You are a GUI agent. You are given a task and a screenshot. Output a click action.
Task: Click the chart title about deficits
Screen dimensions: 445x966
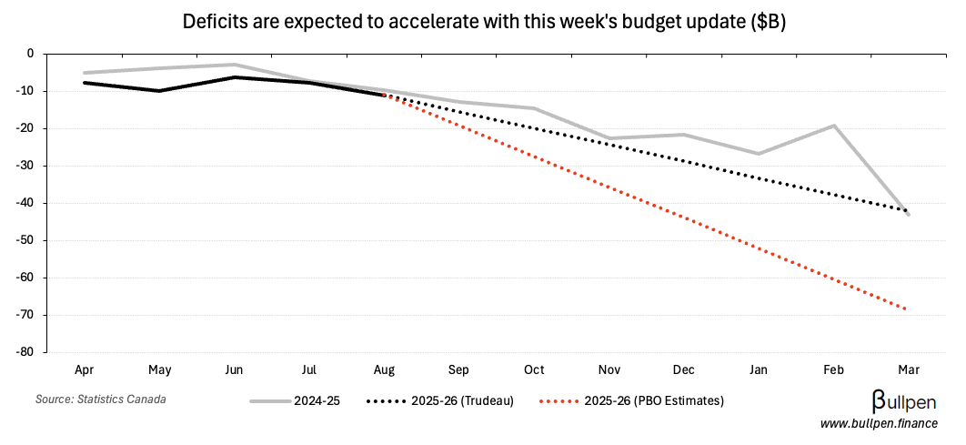[483, 22]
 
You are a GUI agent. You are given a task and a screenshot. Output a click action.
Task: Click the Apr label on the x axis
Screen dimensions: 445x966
[84, 370]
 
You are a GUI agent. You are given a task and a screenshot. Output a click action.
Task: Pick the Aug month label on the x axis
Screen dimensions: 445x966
[384, 370]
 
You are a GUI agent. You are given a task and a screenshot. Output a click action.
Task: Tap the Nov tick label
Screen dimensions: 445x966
[609, 370]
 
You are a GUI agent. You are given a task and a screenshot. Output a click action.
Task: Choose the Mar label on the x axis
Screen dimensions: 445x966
[909, 370]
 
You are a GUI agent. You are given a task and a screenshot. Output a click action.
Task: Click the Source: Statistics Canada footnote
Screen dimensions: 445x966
[101, 399]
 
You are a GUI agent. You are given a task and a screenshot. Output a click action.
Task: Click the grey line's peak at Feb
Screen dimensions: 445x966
[834, 126]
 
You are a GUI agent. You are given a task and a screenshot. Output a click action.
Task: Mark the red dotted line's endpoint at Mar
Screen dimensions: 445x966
[907, 309]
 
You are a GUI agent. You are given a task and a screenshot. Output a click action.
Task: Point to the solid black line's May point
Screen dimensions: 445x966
[159, 91]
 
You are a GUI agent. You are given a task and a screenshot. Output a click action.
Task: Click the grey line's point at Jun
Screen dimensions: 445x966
[235, 65]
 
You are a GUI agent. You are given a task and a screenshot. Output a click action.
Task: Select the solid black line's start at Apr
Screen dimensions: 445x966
[84, 83]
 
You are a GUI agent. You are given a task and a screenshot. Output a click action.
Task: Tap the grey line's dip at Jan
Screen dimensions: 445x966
[759, 154]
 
